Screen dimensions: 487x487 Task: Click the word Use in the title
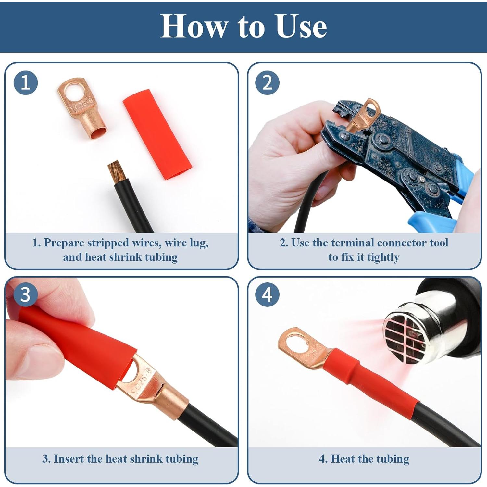[x=301, y=27]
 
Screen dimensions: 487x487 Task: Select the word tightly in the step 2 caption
[x=383, y=257]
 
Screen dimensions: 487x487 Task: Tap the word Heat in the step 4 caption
[x=343, y=459]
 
